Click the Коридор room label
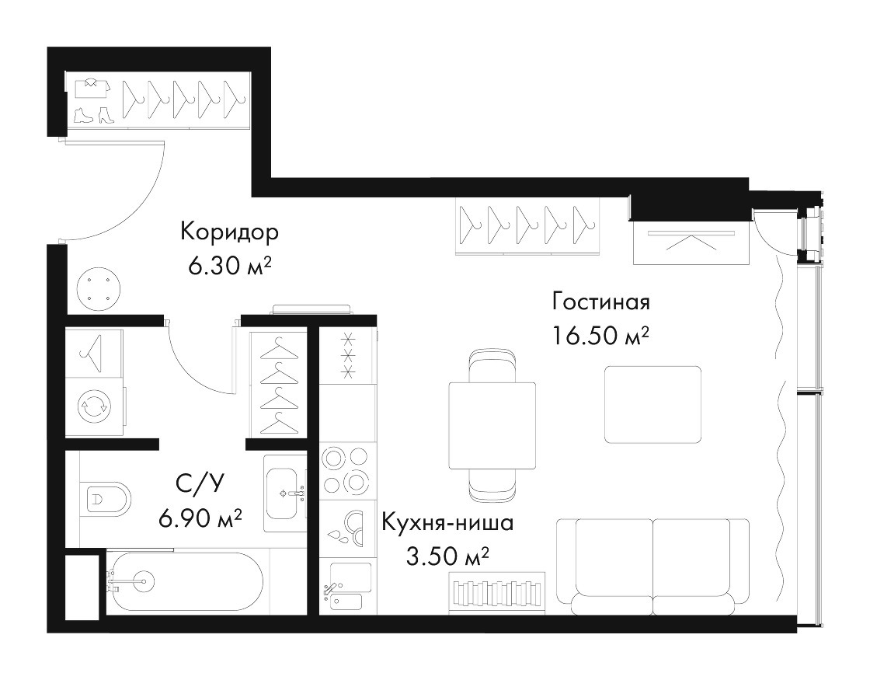(x=229, y=232)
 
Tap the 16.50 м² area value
(x=600, y=336)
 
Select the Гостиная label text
(x=601, y=302)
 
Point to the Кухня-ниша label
(x=447, y=523)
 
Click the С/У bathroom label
(x=200, y=484)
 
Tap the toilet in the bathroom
(x=106, y=498)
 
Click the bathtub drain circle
(x=144, y=581)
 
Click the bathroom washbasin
(x=284, y=493)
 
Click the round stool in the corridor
(x=98, y=290)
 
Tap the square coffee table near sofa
(x=652, y=404)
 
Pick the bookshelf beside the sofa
(x=496, y=592)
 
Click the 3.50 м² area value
(x=447, y=556)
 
